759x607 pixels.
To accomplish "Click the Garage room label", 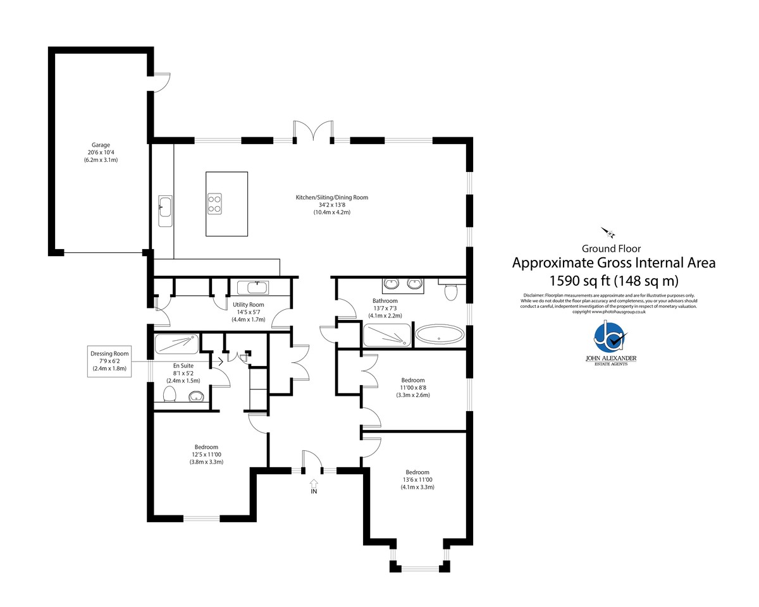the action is (x=101, y=152).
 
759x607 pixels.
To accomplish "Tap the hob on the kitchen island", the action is (x=214, y=204).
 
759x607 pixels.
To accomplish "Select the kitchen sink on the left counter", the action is (x=165, y=211).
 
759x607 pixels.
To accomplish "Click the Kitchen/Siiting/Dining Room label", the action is (x=332, y=205).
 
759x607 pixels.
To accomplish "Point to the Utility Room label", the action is (x=249, y=312).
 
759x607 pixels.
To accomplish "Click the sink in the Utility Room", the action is (x=253, y=288).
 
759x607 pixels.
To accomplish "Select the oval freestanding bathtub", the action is (x=440, y=335).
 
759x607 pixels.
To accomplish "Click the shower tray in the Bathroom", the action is (x=387, y=335).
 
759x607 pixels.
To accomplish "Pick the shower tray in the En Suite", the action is (x=176, y=344).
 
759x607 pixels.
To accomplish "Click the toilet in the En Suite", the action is (x=170, y=394).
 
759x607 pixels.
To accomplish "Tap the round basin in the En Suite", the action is (x=195, y=397).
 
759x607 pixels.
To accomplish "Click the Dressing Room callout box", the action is (x=109, y=361).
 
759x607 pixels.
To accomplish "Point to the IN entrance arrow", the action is (x=314, y=486).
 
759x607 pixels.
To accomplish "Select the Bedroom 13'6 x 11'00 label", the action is (x=417, y=480).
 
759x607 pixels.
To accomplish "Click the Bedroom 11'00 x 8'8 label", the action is (x=413, y=388).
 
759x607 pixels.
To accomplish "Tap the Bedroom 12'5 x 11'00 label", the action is (x=206, y=454).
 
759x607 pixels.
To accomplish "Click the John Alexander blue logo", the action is (x=610, y=339).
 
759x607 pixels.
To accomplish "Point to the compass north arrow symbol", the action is (x=608, y=233).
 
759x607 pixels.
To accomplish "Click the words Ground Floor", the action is (x=611, y=248).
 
